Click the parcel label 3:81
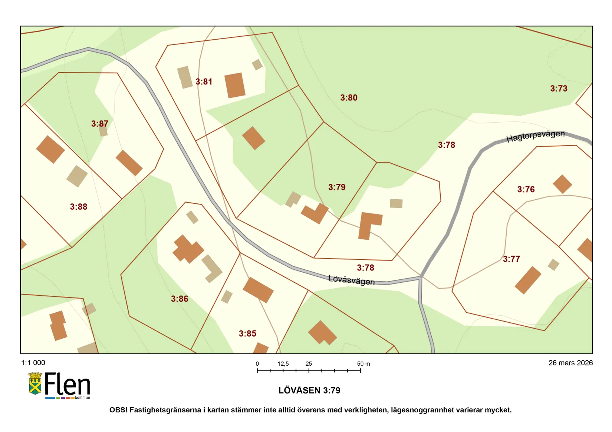tap(204, 82)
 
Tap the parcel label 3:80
tap(349, 98)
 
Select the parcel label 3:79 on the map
tap(336, 187)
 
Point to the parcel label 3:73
tap(558, 89)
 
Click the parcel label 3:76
tap(526, 190)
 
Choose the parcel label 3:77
tap(511, 259)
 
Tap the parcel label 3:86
tap(180, 299)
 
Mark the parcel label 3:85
tap(247, 333)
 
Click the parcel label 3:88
tap(79, 207)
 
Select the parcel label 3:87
tap(100, 124)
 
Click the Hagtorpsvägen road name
tap(535, 136)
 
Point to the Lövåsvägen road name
tap(351, 280)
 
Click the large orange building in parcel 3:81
tap(235, 85)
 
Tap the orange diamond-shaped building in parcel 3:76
tap(562, 184)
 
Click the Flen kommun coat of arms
tap(35, 384)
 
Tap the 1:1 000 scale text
tap(33, 363)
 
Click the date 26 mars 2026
tap(570, 363)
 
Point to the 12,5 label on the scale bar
tap(283, 364)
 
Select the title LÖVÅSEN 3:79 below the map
tap(309, 391)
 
